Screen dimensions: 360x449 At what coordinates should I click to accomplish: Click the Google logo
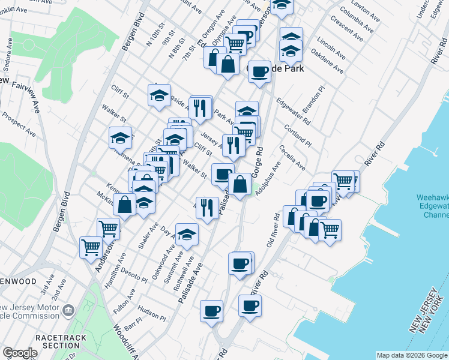[x=20, y=353]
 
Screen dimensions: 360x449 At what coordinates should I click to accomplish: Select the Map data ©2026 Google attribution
[x=411, y=355]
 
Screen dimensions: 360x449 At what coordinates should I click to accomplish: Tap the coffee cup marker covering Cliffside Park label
[x=259, y=71]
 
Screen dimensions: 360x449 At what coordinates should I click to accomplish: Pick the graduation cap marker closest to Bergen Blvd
[x=120, y=138]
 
